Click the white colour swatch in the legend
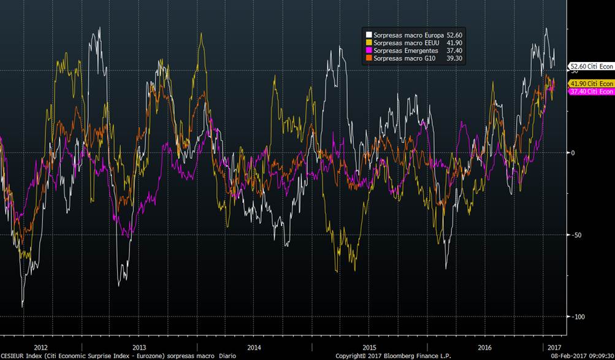[x=369, y=35]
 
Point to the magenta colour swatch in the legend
[x=369, y=50]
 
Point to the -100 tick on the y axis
[x=576, y=316]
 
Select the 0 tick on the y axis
[x=573, y=153]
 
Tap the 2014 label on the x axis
[x=253, y=347]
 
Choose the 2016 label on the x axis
[x=484, y=347]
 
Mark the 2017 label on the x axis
[x=554, y=347]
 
